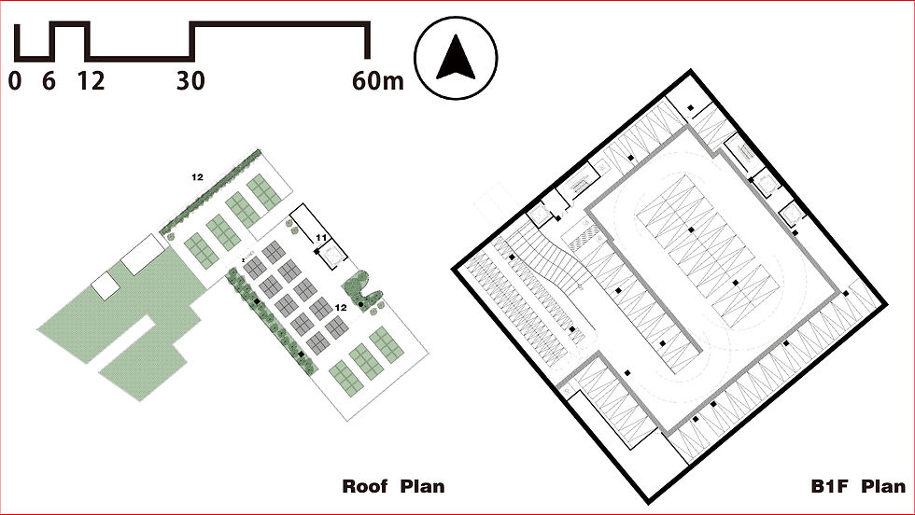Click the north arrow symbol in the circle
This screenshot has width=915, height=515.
pos(456,57)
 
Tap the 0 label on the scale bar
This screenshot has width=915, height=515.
pos(14,81)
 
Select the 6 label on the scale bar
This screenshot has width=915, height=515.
pos(49,81)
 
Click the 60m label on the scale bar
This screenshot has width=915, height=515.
pos(377,81)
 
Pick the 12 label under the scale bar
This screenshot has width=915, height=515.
pos(91,81)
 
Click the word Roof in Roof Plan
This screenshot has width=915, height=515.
pos(366,486)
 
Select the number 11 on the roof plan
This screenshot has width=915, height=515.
pos(320,239)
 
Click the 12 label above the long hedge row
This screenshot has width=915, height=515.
pos(198,175)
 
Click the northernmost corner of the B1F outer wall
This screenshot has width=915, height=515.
pos(691,73)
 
